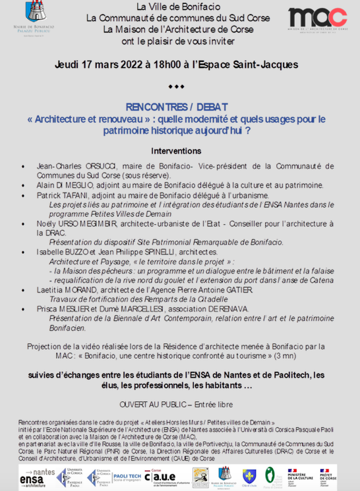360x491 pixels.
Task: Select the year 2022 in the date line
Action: point(129,65)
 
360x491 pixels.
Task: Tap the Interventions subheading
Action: point(180,151)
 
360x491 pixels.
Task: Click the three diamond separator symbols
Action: point(176,87)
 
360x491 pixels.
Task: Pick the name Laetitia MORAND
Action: point(71,291)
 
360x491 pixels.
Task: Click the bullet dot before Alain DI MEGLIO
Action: point(24,186)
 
